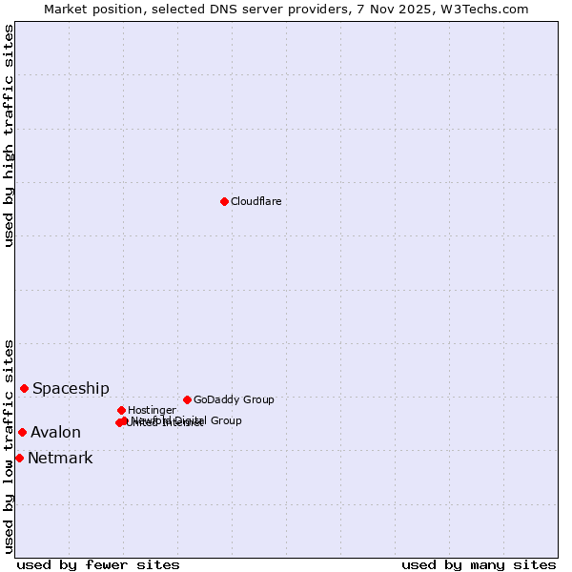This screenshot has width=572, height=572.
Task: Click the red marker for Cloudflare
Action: (224, 201)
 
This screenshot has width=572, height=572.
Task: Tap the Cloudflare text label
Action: (256, 201)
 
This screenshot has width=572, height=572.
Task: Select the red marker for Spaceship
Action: (24, 388)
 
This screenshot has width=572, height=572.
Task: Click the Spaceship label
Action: (71, 388)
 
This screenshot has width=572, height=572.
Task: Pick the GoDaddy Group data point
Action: (187, 399)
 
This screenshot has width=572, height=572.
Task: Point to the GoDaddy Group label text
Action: (234, 399)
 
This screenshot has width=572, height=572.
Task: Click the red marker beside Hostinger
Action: (121, 410)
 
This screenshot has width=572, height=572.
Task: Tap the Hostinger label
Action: (152, 410)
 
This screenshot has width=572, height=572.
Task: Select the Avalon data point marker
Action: (22, 432)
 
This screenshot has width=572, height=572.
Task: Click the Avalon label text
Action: (55, 432)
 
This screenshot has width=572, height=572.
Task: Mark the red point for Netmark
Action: (19, 458)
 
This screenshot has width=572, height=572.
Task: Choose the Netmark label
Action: (60, 458)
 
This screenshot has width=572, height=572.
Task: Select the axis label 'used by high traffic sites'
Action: (9, 135)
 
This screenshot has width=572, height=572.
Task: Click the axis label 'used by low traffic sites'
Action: (9, 445)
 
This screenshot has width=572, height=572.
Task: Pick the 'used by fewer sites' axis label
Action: (98, 564)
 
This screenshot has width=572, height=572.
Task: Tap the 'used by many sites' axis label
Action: (479, 564)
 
